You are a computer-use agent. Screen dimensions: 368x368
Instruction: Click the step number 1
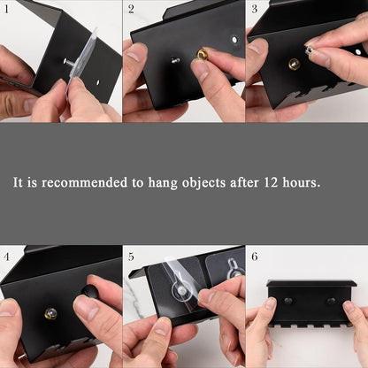[x=6, y=9]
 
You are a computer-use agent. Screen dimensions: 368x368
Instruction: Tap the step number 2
[x=131, y=9]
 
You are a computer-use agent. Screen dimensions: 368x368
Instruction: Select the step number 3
[x=254, y=9]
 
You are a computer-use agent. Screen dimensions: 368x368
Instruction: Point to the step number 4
[x=6, y=257]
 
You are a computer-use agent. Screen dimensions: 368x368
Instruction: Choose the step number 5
[x=131, y=257]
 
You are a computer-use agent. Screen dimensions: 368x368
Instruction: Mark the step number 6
[x=254, y=257]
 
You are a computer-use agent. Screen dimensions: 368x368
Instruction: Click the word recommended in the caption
[x=84, y=182]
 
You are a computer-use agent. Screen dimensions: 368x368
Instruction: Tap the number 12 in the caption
[x=271, y=182]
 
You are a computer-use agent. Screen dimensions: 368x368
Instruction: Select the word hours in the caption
[x=301, y=182]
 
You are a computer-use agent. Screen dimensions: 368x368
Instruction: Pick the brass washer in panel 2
[x=202, y=54]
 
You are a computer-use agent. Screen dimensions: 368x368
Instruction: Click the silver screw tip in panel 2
[x=175, y=60]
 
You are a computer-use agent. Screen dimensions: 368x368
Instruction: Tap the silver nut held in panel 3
[x=310, y=50]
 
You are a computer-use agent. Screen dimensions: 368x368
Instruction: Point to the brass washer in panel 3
[x=295, y=64]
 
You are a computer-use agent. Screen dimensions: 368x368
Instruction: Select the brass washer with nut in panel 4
[x=50, y=313]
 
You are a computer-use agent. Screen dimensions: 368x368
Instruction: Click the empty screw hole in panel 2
[x=234, y=39]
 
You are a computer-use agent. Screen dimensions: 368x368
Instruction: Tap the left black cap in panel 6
[x=288, y=301]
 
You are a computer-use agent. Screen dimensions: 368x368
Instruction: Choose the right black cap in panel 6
[x=331, y=301]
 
